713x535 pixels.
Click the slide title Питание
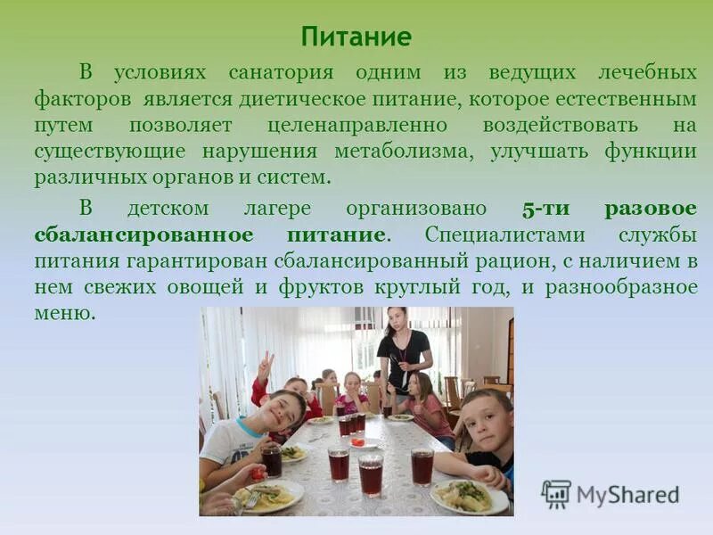(x=356, y=37)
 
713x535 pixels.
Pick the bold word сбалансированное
(x=143, y=235)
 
